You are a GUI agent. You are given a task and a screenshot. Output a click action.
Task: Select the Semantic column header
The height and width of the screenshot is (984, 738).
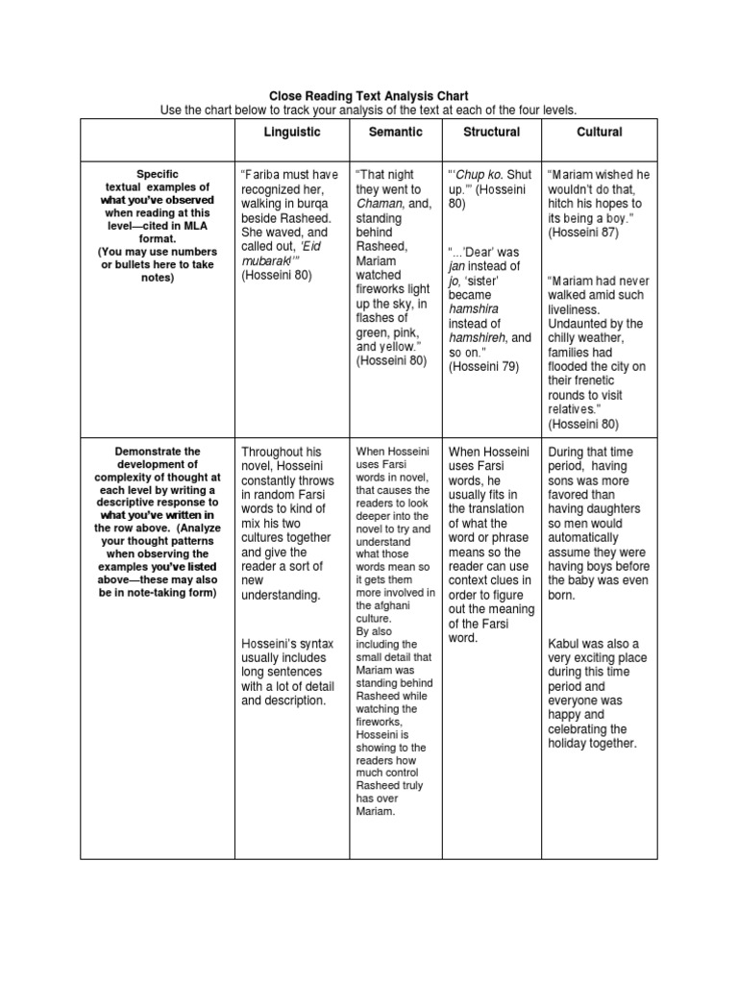click(394, 132)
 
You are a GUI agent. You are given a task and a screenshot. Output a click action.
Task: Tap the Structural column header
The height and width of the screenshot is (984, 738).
click(491, 132)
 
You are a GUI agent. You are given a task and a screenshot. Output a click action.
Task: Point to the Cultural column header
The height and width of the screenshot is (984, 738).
click(600, 132)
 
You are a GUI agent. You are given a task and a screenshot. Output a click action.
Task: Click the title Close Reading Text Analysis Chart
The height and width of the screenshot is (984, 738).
click(369, 96)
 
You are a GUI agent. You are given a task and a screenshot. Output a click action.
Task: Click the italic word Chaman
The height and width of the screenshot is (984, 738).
click(379, 204)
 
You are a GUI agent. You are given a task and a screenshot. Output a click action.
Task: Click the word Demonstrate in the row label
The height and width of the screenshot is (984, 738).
click(158, 451)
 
